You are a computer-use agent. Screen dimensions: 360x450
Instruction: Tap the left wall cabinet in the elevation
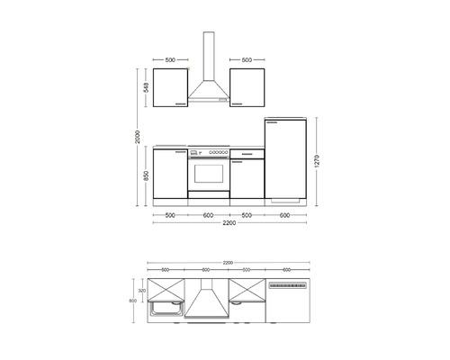click(x=170, y=88)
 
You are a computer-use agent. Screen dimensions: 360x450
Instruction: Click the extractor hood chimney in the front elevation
click(x=209, y=54)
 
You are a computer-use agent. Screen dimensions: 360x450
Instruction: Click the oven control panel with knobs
click(x=208, y=155)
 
